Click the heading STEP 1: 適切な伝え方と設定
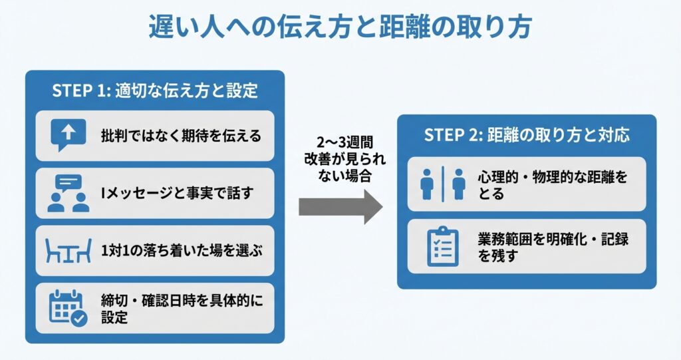[154, 91]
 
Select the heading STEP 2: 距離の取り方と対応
[527, 135]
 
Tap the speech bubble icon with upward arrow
[68, 135]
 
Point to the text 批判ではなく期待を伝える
[181, 136]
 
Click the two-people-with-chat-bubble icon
[68, 193]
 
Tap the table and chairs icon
[68, 252]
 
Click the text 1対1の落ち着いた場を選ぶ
[182, 252]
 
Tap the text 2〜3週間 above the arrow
[340, 144]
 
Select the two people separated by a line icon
[442, 184]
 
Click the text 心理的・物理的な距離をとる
[551, 184]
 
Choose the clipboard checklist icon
[442, 246]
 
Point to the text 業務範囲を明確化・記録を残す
[553, 246]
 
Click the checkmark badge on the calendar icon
[79, 319]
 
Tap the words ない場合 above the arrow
[340, 177]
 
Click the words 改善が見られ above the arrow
[340, 160]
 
